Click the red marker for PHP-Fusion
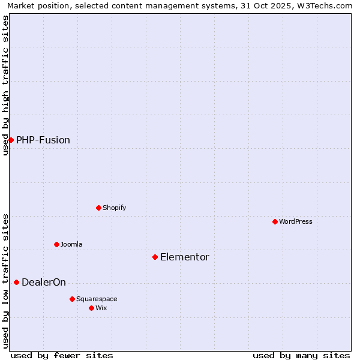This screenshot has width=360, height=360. point(11,140)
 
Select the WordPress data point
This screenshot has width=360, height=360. point(275,221)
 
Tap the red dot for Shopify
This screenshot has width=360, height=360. point(98,208)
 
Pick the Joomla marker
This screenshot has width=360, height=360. point(56,244)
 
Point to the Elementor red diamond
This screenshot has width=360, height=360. point(155,257)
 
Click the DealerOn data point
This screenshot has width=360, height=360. point(16,282)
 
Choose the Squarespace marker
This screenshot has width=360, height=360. point(72,299)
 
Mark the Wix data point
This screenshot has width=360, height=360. point(91,308)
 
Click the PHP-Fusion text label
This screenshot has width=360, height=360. point(43,140)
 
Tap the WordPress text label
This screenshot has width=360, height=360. point(296,221)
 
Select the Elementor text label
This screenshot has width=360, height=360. point(185,257)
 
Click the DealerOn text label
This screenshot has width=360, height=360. point(44,283)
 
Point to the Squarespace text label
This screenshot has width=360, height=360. point(97,299)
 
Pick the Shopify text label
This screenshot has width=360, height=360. point(115,208)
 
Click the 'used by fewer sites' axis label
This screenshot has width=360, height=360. point(62,355)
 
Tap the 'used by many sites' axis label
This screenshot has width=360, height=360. point(301,355)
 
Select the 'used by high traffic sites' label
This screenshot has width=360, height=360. point(6,85)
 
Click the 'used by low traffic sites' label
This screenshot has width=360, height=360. point(6,280)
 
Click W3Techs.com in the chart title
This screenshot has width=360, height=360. point(328,6)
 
